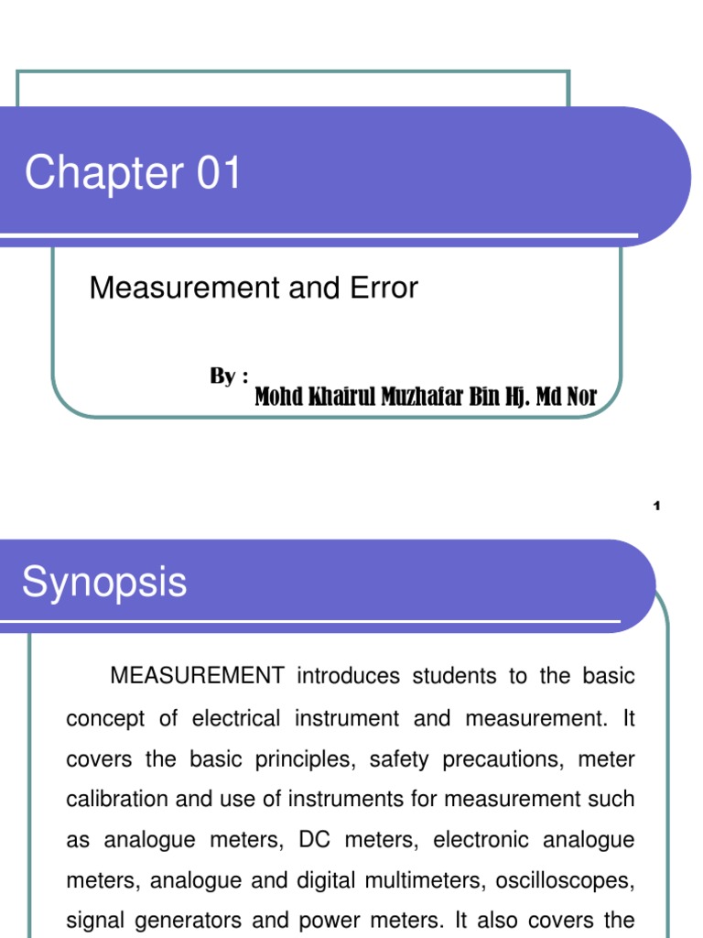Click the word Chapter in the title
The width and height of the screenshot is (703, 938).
tap(103, 173)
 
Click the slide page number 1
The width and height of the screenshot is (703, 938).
tap(656, 507)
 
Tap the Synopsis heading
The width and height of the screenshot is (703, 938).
tap(104, 583)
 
